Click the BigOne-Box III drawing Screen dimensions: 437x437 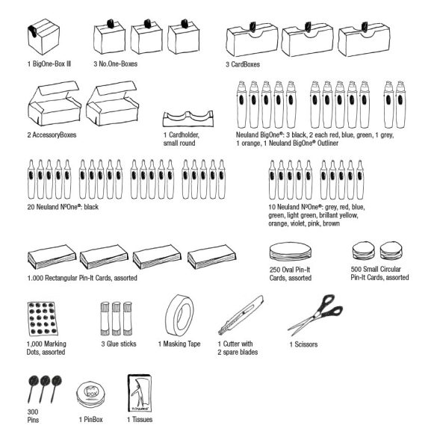tap(43, 37)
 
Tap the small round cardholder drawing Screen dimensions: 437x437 tap(188, 118)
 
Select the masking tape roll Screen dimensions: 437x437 tap(179, 315)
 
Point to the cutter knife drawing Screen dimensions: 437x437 tap(241, 315)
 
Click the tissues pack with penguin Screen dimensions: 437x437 tap(140, 393)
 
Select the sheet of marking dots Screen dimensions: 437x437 tap(43, 318)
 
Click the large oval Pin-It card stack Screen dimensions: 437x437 tap(291, 252)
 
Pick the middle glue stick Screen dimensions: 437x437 tap(117, 318)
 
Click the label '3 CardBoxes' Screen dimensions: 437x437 tap(243, 64)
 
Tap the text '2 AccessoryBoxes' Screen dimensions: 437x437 tap(52, 135)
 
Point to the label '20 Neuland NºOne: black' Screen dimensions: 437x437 tap(63, 207)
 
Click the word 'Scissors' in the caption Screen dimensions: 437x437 tap(306, 344)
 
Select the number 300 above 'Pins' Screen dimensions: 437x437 tap(33, 412)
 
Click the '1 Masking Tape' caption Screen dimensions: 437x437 tap(179, 344)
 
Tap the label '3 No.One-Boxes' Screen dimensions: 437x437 tap(116, 63)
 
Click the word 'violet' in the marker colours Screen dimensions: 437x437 tap(299, 223)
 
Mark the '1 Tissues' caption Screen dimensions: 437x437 tap(140, 419)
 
